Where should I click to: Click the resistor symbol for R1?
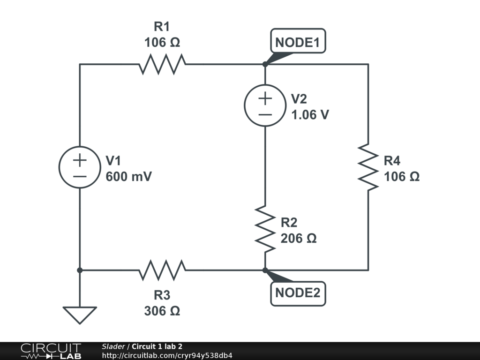point(162,64)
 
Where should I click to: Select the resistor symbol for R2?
point(265,228)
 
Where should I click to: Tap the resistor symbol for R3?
point(162,270)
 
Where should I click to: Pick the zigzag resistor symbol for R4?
point(368,167)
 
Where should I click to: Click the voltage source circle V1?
point(80,168)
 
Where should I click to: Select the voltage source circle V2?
point(265,106)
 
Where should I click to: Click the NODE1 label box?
point(298,42)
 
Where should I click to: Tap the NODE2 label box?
point(298,293)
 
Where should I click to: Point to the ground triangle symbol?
point(80,314)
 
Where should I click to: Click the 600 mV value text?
point(129,177)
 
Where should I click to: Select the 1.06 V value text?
point(310,115)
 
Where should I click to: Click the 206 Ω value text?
point(299,238)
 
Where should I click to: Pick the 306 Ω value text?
point(162,311)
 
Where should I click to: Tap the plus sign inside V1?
point(80,160)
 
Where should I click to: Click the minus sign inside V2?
point(265,114)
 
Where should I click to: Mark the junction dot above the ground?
point(80,270)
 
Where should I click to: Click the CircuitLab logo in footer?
point(51,351)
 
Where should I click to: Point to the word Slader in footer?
point(113,346)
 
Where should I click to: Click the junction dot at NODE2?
point(265,270)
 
